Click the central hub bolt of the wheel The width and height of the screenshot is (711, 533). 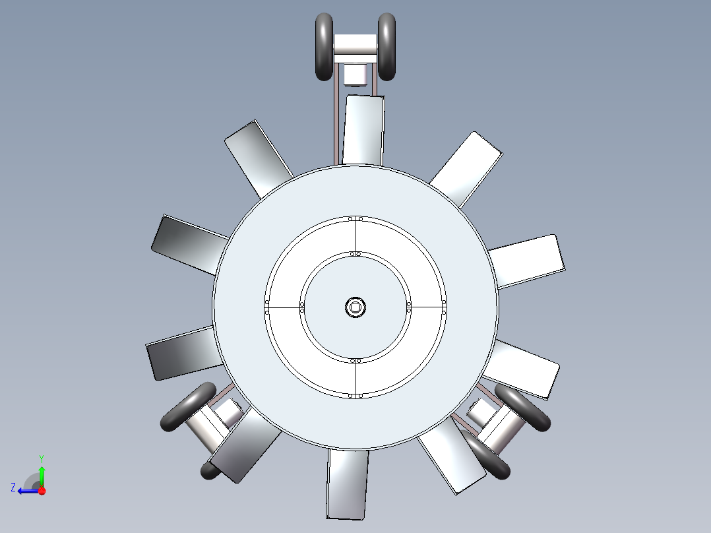click(355, 307)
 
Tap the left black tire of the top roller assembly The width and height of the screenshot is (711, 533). click(325, 47)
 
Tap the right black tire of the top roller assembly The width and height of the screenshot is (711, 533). click(386, 47)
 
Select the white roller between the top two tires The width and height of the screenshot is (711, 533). click(355, 44)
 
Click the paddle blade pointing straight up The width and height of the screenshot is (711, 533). click(363, 130)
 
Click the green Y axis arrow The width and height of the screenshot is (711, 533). click(42, 471)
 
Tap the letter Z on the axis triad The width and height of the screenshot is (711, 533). click(13, 487)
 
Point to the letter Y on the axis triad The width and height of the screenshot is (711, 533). click(42, 458)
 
